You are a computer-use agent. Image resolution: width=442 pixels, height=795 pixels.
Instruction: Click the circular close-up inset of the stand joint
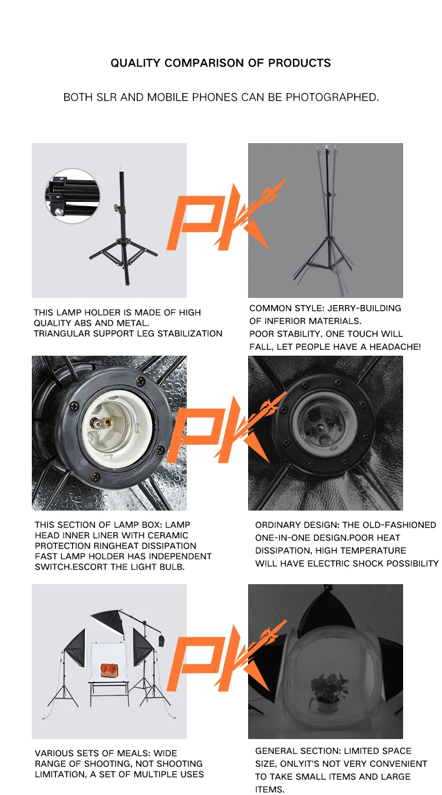[x=72, y=196]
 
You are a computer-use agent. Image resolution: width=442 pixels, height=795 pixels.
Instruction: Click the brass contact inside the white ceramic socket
[x=101, y=423]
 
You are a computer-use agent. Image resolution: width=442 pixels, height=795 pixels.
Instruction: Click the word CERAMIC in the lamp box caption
[x=168, y=535]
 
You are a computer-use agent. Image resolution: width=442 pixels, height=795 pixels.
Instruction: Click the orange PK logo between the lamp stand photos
[x=227, y=217]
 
